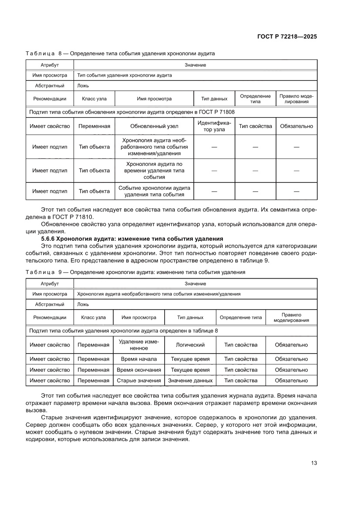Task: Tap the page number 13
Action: point(314,463)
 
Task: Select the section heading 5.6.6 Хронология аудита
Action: point(132,239)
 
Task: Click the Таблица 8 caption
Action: point(120,54)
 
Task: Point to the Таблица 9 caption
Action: point(135,272)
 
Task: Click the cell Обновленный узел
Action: point(154,126)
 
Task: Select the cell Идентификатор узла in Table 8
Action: point(214,126)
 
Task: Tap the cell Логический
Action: point(190,345)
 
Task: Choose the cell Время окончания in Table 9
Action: point(139,370)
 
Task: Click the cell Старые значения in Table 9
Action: point(139,381)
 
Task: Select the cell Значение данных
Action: point(190,381)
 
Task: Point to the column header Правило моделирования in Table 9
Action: point(291,317)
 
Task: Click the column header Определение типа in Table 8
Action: point(255,99)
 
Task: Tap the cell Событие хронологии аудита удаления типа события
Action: point(154,191)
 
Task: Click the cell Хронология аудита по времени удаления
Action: point(154,171)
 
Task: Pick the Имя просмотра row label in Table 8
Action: point(50,75)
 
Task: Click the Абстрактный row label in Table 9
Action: point(50,305)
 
